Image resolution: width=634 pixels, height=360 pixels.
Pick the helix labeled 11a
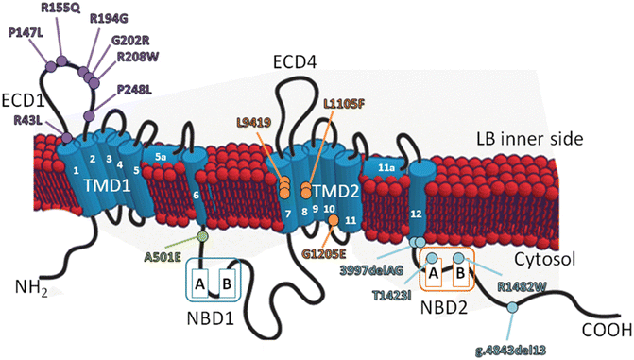coord(386,168)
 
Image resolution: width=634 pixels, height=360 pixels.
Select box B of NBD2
coord(461,274)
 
